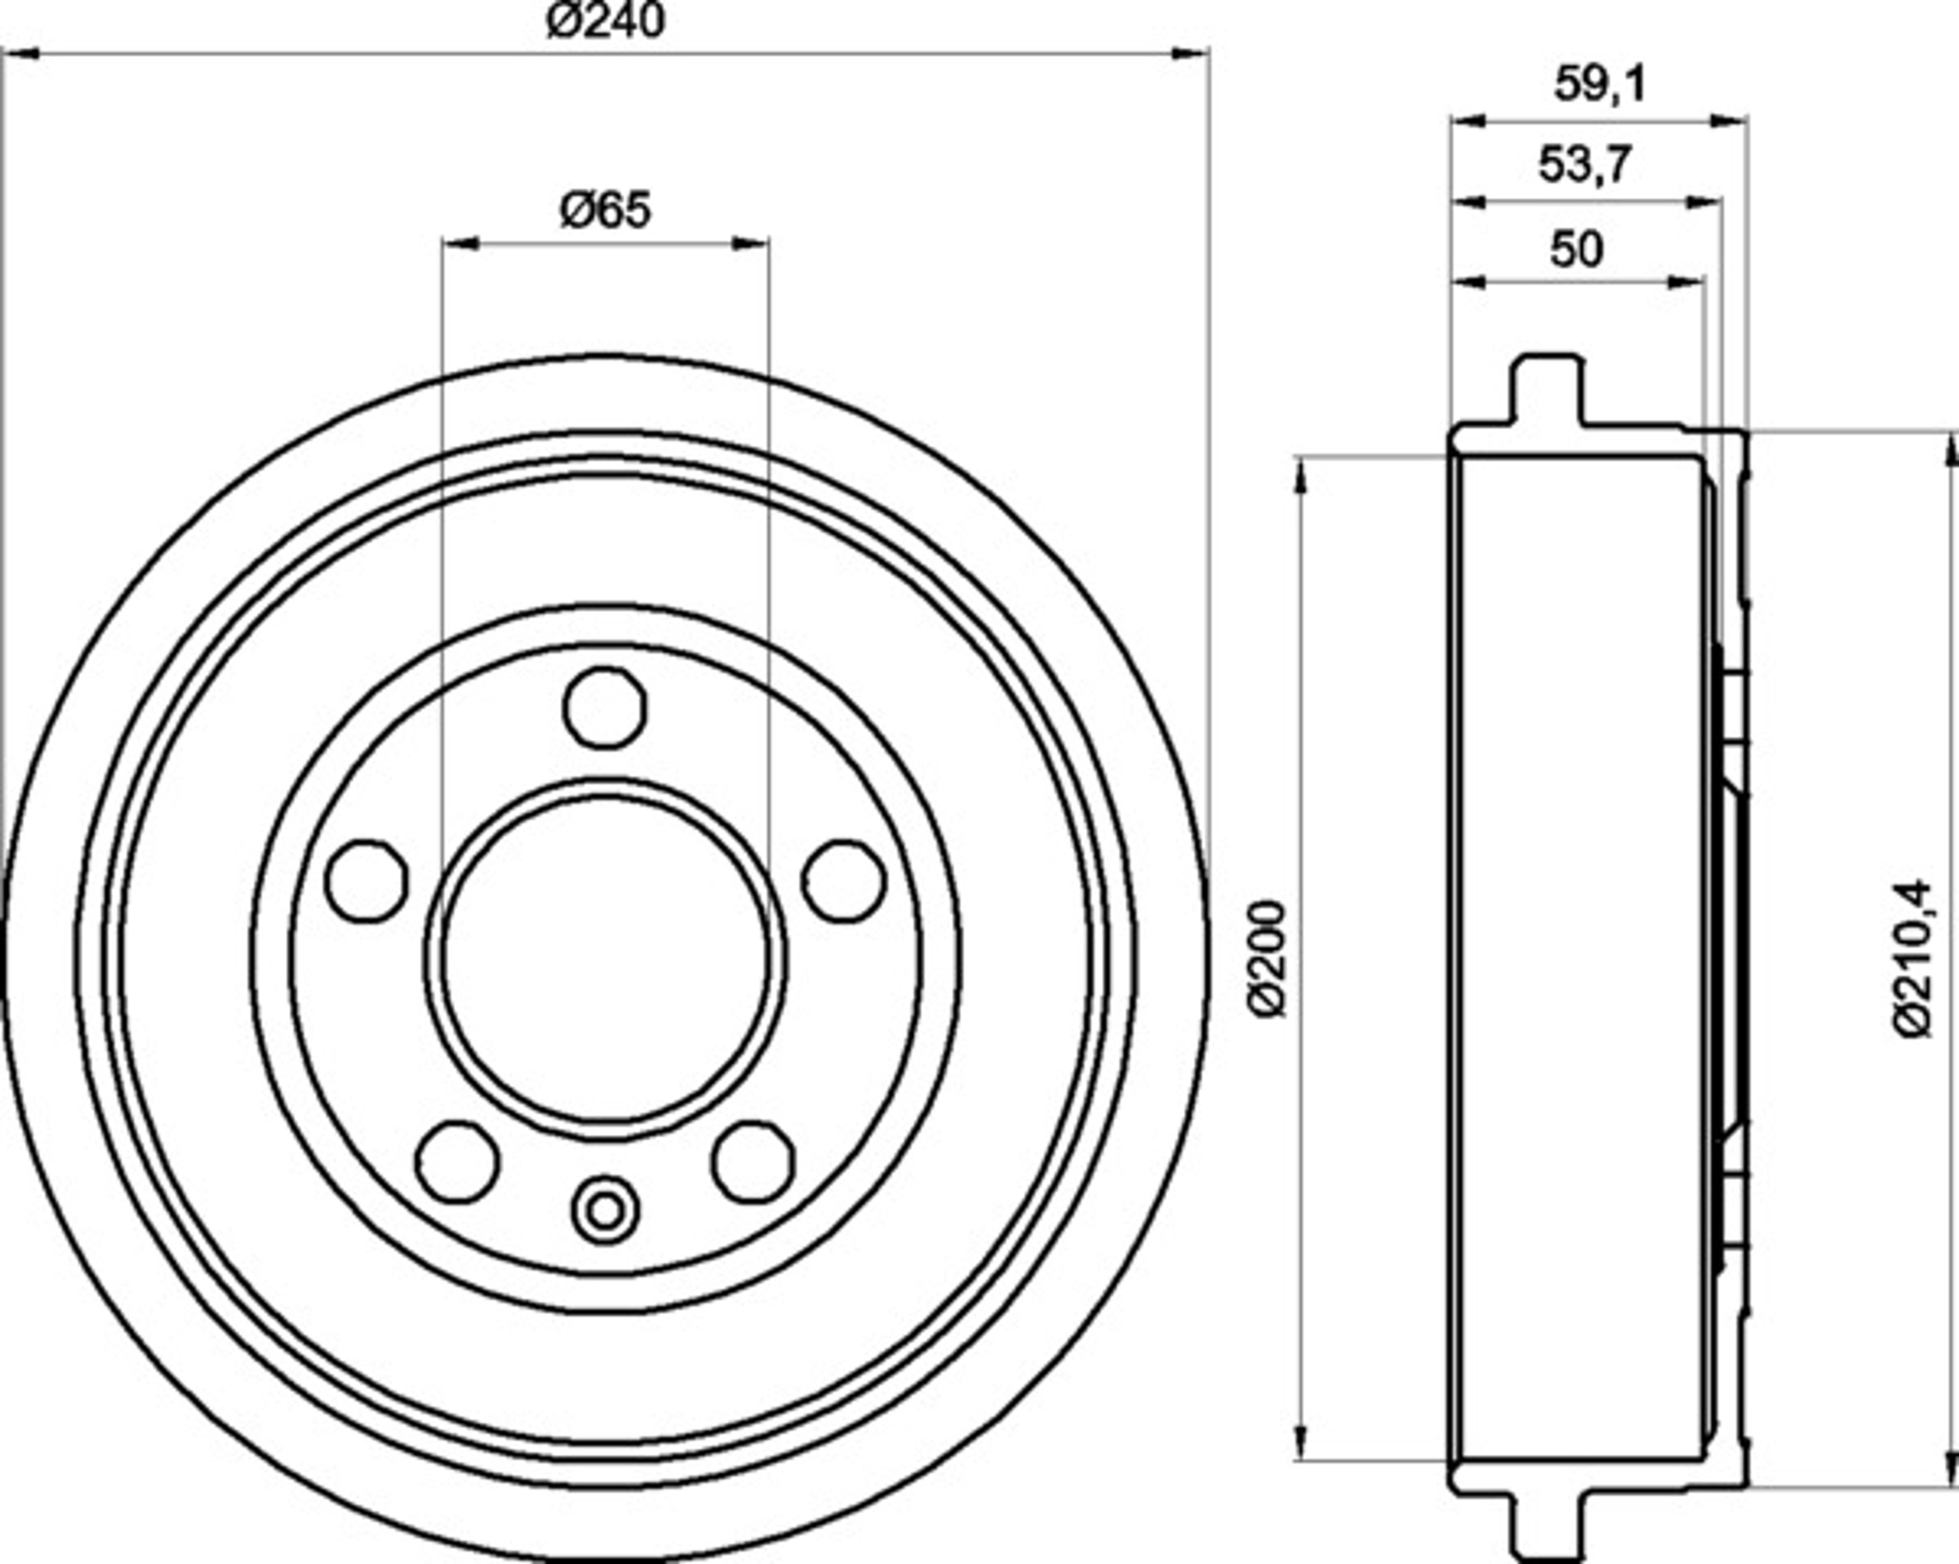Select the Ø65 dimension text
coord(606,210)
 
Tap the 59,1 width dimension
coord(1600,86)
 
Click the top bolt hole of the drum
coord(605,708)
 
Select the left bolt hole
coord(366,882)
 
